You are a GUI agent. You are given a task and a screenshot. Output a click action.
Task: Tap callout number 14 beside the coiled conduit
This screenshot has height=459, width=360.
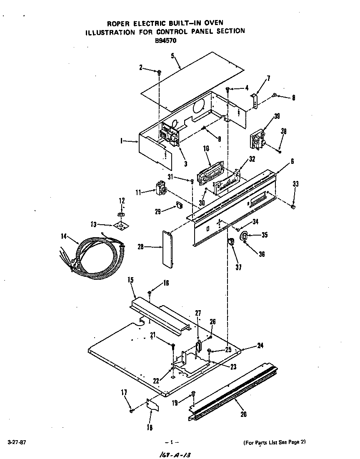pyautogui.click(x=64, y=236)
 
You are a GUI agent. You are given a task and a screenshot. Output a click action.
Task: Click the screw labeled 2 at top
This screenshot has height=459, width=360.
pyautogui.click(x=159, y=73)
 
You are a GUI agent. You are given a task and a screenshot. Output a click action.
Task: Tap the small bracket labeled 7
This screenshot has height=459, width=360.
pyautogui.click(x=255, y=100)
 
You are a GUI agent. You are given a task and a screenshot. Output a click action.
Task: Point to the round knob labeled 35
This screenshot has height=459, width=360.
pyautogui.click(x=245, y=236)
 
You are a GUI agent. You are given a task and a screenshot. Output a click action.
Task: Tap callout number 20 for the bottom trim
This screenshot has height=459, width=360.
pyautogui.click(x=243, y=414)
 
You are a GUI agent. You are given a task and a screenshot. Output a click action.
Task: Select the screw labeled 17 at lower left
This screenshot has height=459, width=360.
pyautogui.click(x=131, y=411)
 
